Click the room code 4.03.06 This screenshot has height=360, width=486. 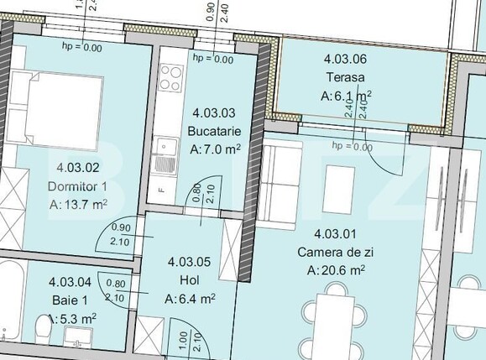tap(345, 59)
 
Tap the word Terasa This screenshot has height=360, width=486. tap(345, 77)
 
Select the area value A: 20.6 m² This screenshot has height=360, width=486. tap(336, 270)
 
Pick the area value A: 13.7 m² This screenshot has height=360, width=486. tap(78, 204)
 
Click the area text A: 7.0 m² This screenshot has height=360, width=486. tap(216, 150)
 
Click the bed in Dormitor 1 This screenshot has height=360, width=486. tap(58, 105)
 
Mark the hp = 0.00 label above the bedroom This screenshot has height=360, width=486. tap(82, 48)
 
